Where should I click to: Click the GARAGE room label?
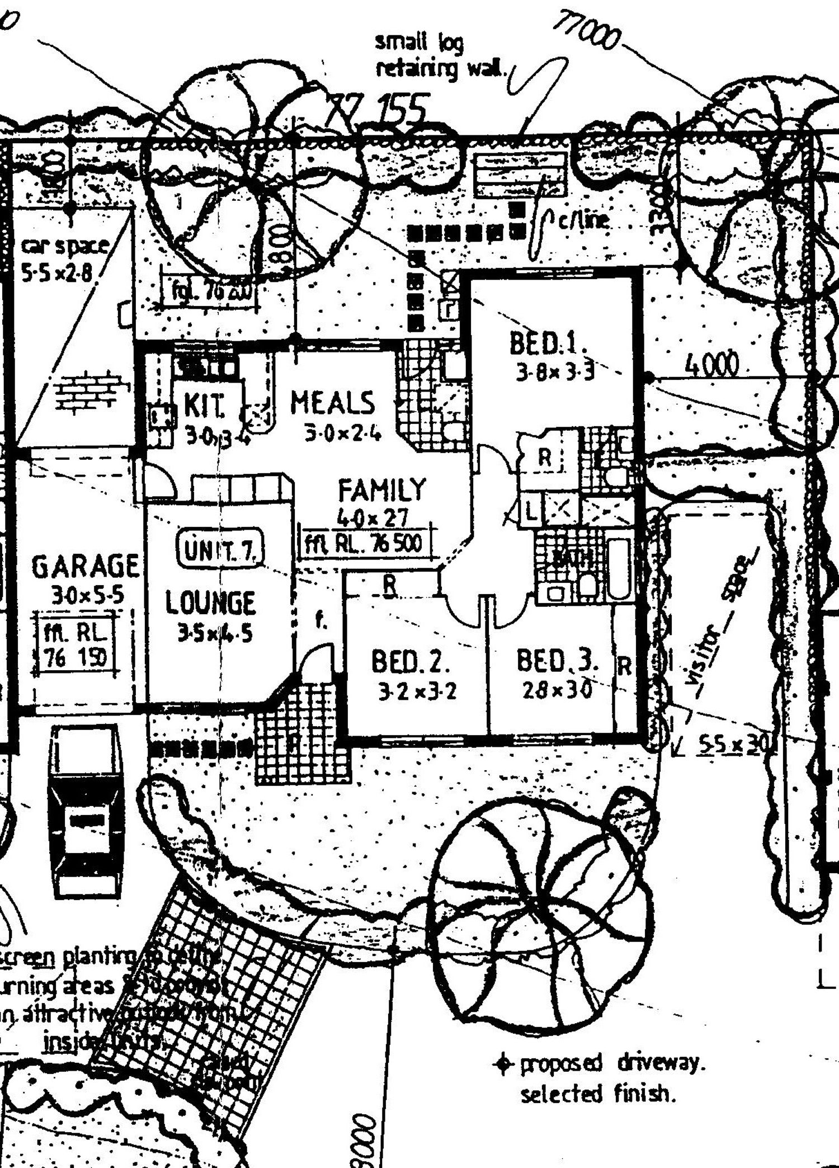point(85,566)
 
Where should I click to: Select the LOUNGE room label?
point(210,603)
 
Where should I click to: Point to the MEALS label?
point(332,403)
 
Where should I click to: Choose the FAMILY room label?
point(382,490)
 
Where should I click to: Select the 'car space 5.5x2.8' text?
point(63,258)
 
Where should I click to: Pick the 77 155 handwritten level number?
point(379,109)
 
